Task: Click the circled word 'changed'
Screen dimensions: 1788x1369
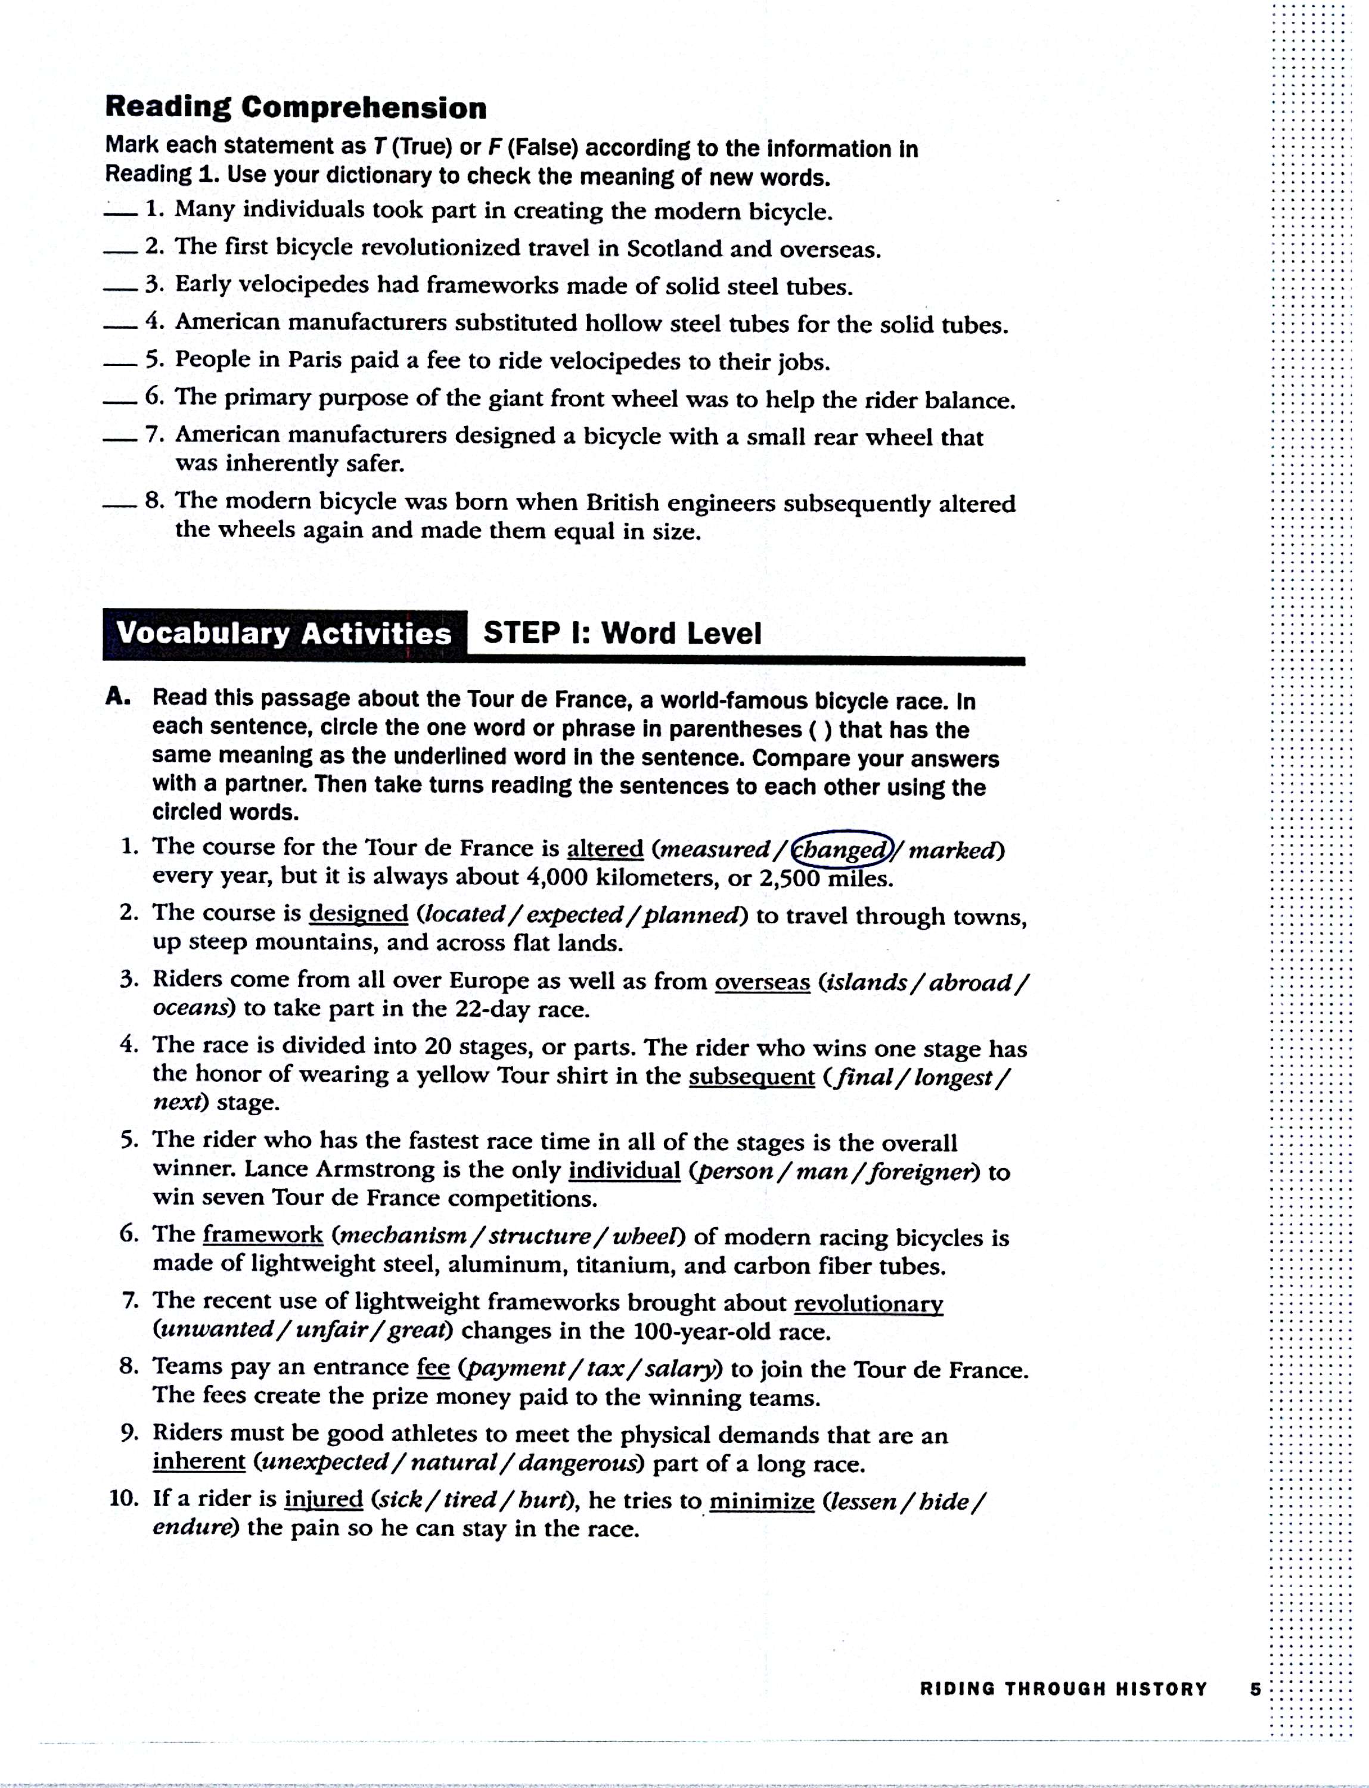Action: click(x=841, y=850)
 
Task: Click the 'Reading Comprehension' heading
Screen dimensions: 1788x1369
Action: click(x=296, y=107)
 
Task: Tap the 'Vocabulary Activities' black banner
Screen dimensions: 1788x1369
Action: click(x=284, y=633)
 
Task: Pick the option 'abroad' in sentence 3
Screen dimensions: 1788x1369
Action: click(x=970, y=982)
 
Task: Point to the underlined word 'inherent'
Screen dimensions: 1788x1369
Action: click(x=199, y=1461)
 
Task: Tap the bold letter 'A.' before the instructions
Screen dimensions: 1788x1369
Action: click(x=118, y=697)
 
